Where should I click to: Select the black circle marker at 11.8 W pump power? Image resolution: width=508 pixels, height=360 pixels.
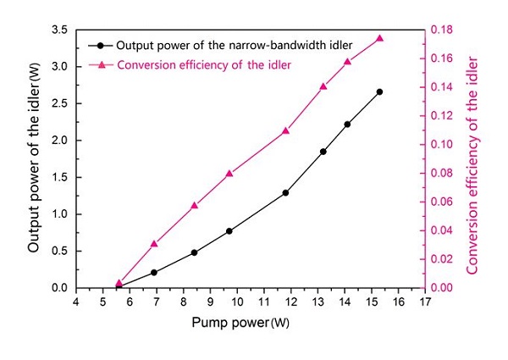pos(285,192)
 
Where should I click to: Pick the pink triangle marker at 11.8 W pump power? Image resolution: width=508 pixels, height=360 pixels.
pos(285,130)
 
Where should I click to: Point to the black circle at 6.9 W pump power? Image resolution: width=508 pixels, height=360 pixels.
pos(153,272)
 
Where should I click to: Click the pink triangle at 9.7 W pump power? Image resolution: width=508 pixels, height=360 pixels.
pos(229,173)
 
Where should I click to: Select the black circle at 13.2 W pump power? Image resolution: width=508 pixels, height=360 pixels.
pos(323,152)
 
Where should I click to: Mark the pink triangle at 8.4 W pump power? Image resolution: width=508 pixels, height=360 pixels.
pos(194,205)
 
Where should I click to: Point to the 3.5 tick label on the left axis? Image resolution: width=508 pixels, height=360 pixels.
pos(60,30)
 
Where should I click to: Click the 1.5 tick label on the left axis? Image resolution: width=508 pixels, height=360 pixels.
pos(60,177)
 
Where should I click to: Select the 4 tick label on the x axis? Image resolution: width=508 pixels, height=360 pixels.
pos(76,302)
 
